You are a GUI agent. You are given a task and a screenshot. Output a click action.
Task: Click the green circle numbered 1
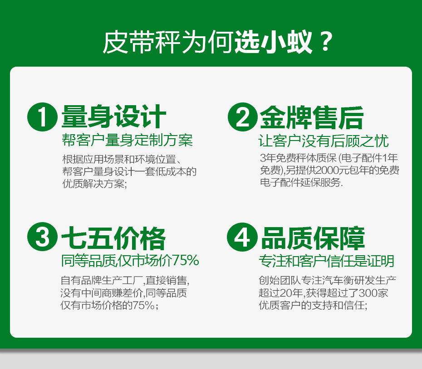coord(42,117)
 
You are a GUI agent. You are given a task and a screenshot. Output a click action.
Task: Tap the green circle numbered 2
coord(242,117)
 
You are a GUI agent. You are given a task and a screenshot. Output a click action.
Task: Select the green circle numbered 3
coord(42,237)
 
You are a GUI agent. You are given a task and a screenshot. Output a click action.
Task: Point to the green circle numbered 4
coord(242,237)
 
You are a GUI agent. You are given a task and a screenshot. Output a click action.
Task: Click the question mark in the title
coord(325,42)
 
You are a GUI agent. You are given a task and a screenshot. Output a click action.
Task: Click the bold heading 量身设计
coord(113,116)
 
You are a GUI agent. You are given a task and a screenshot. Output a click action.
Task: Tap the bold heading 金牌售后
coord(312,117)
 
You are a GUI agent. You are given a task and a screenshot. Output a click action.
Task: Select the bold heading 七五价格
coord(113,238)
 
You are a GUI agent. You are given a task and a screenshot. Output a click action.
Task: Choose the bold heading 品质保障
coord(313,238)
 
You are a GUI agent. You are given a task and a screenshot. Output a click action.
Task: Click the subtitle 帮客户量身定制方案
coord(128,140)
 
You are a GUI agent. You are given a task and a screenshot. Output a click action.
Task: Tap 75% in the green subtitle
coord(186,260)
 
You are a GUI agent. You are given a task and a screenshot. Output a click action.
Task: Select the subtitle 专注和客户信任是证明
coord(326,261)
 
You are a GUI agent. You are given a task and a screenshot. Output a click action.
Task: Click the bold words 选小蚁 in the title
coord(273,42)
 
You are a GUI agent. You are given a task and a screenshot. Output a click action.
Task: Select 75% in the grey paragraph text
coord(143,305)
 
